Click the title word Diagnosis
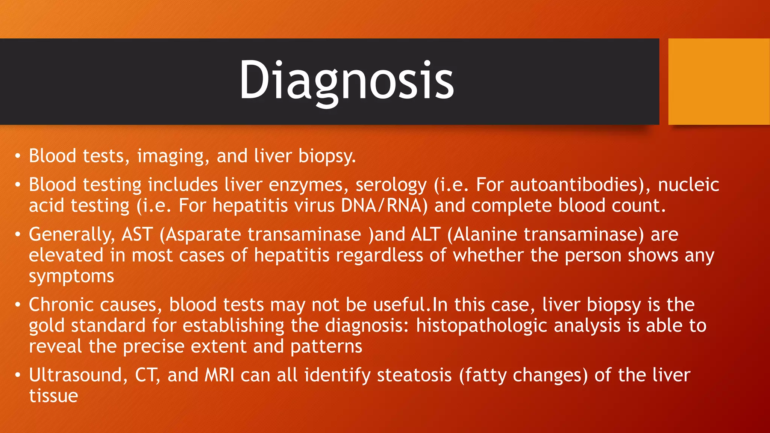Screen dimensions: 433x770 (x=346, y=80)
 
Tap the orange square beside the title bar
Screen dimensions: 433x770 (x=718, y=82)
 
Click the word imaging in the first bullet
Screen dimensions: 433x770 (x=171, y=156)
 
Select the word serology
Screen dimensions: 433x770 (x=391, y=185)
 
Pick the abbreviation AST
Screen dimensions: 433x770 (x=137, y=234)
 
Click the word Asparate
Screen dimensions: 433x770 (x=203, y=235)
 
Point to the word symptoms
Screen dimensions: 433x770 (x=71, y=277)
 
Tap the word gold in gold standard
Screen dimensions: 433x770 (x=47, y=326)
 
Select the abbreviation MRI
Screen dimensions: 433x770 (x=219, y=375)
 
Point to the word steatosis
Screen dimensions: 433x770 (x=414, y=375)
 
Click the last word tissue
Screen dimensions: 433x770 (x=53, y=396)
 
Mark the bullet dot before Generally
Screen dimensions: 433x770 (x=17, y=235)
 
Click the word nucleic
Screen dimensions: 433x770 (x=688, y=185)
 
